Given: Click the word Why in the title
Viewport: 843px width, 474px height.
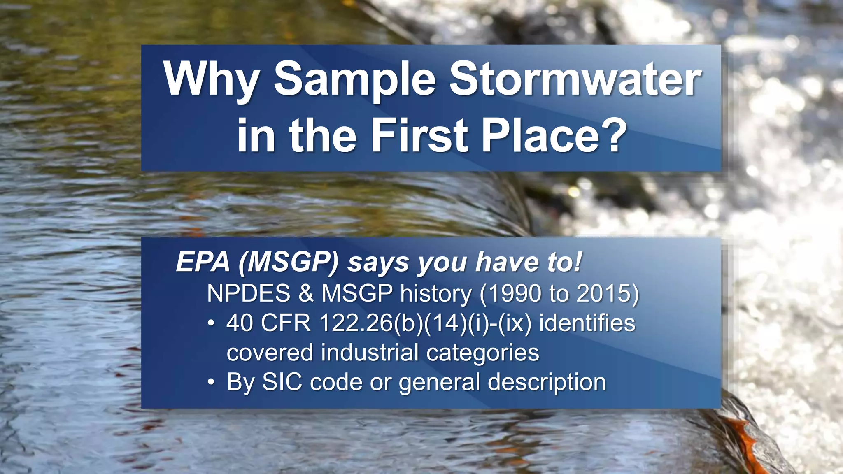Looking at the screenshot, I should (211, 79).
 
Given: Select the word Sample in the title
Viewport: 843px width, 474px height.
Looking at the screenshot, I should (354, 79).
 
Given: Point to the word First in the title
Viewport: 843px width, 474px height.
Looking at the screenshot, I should (419, 135).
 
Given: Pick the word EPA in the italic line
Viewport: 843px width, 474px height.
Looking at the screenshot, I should (203, 262).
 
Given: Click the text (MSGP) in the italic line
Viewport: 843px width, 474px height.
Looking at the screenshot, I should (288, 262).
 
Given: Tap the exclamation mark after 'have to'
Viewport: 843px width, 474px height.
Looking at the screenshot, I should (578, 262).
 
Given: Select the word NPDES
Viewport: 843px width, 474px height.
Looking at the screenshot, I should (249, 293).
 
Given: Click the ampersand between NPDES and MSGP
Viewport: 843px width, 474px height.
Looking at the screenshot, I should (306, 293).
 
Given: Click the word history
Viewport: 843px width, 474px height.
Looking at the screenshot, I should (436, 293).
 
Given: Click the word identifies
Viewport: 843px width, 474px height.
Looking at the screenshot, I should (587, 323).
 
